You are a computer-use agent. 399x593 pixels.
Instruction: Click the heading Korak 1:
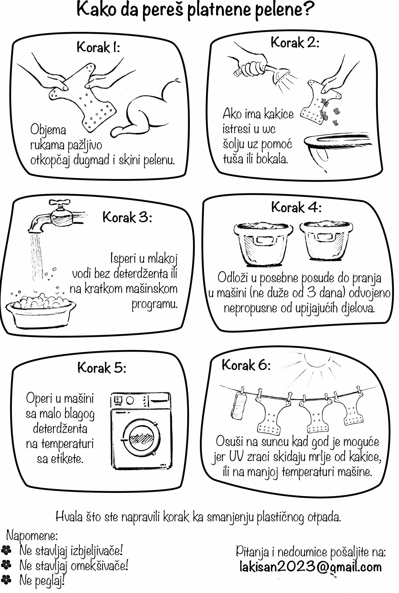[98, 47]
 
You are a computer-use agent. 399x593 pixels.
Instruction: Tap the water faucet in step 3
[57, 216]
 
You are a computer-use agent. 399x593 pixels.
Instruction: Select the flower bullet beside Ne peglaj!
[6, 580]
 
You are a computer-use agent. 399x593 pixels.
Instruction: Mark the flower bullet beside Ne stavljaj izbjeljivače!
[6, 550]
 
